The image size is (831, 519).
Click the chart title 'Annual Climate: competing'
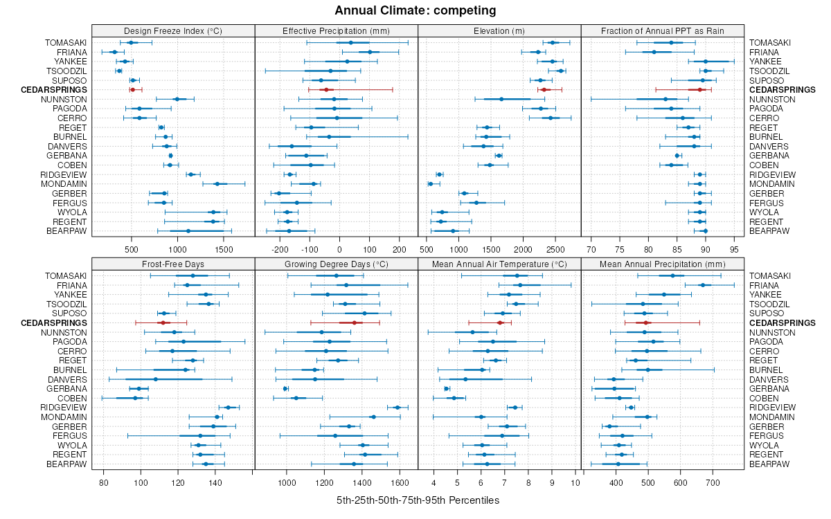pos(415,10)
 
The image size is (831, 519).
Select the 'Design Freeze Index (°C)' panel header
pos(173,30)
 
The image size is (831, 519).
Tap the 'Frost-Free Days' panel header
pos(173,264)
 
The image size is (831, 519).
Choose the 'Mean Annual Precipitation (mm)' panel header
pos(663,264)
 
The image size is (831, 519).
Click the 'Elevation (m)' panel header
pos(499,30)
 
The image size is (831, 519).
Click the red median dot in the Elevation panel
pos(544,90)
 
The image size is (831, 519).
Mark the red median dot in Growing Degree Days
pos(354,322)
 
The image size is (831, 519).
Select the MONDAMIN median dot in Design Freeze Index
pos(217,184)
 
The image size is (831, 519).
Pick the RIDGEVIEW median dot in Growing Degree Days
pos(397,408)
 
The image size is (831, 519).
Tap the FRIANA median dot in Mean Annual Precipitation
pos(702,285)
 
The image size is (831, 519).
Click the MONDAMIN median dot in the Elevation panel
pos(430,184)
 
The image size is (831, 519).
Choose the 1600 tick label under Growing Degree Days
pos(400,482)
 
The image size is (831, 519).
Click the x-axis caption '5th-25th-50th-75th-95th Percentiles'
pos(418,500)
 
